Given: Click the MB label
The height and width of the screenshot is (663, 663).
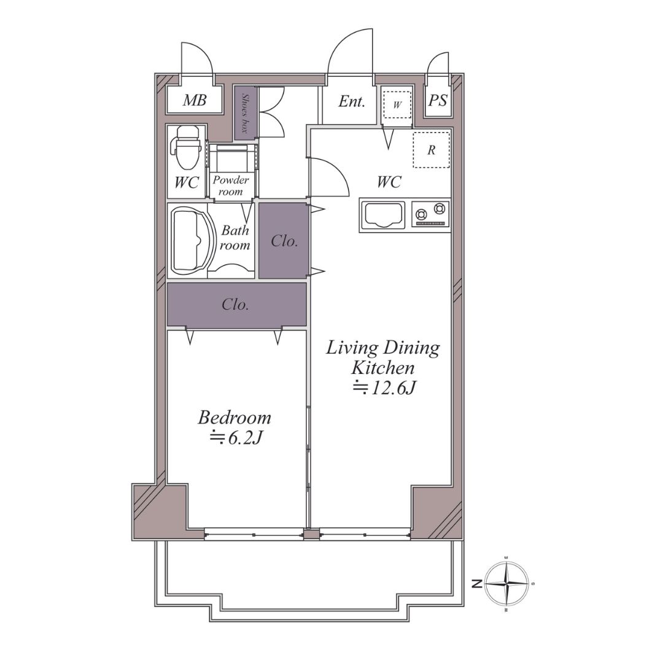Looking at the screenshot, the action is [195, 100].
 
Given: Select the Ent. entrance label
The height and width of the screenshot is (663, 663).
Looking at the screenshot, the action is [352, 101].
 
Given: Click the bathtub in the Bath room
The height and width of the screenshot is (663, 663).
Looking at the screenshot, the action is [190, 240].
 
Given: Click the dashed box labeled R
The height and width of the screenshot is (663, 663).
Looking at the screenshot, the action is [431, 150].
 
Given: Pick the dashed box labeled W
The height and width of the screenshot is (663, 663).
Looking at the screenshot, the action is [397, 105].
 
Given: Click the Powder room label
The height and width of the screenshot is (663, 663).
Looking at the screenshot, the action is [230, 185].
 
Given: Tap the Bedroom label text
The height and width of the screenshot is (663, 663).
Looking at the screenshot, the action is [235, 418].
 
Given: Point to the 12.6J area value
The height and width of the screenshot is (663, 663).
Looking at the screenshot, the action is [385, 387].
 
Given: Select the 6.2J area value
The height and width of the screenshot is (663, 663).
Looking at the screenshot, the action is [237, 438].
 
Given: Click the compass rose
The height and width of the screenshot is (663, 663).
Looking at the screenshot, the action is [506, 584].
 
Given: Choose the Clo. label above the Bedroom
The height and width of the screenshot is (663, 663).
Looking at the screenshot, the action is [235, 304].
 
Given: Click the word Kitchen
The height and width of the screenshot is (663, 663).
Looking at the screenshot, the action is [383, 368].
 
